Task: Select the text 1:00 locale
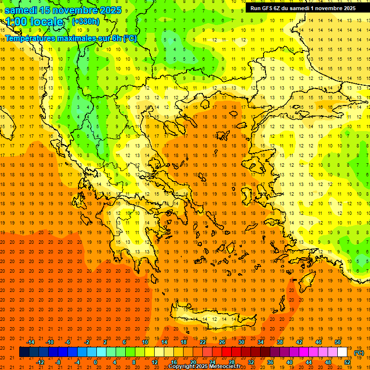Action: [35, 22]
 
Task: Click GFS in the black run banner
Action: [268, 8]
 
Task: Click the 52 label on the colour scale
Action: [347, 362]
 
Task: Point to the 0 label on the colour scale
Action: [95, 362]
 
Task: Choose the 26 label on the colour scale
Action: [222, 342]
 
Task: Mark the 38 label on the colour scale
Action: [280, 342]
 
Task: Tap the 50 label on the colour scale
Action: [338, 342]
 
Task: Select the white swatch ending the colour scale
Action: [343, 352]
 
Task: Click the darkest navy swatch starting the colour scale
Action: [24, 352]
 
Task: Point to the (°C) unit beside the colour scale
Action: [359, 353]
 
